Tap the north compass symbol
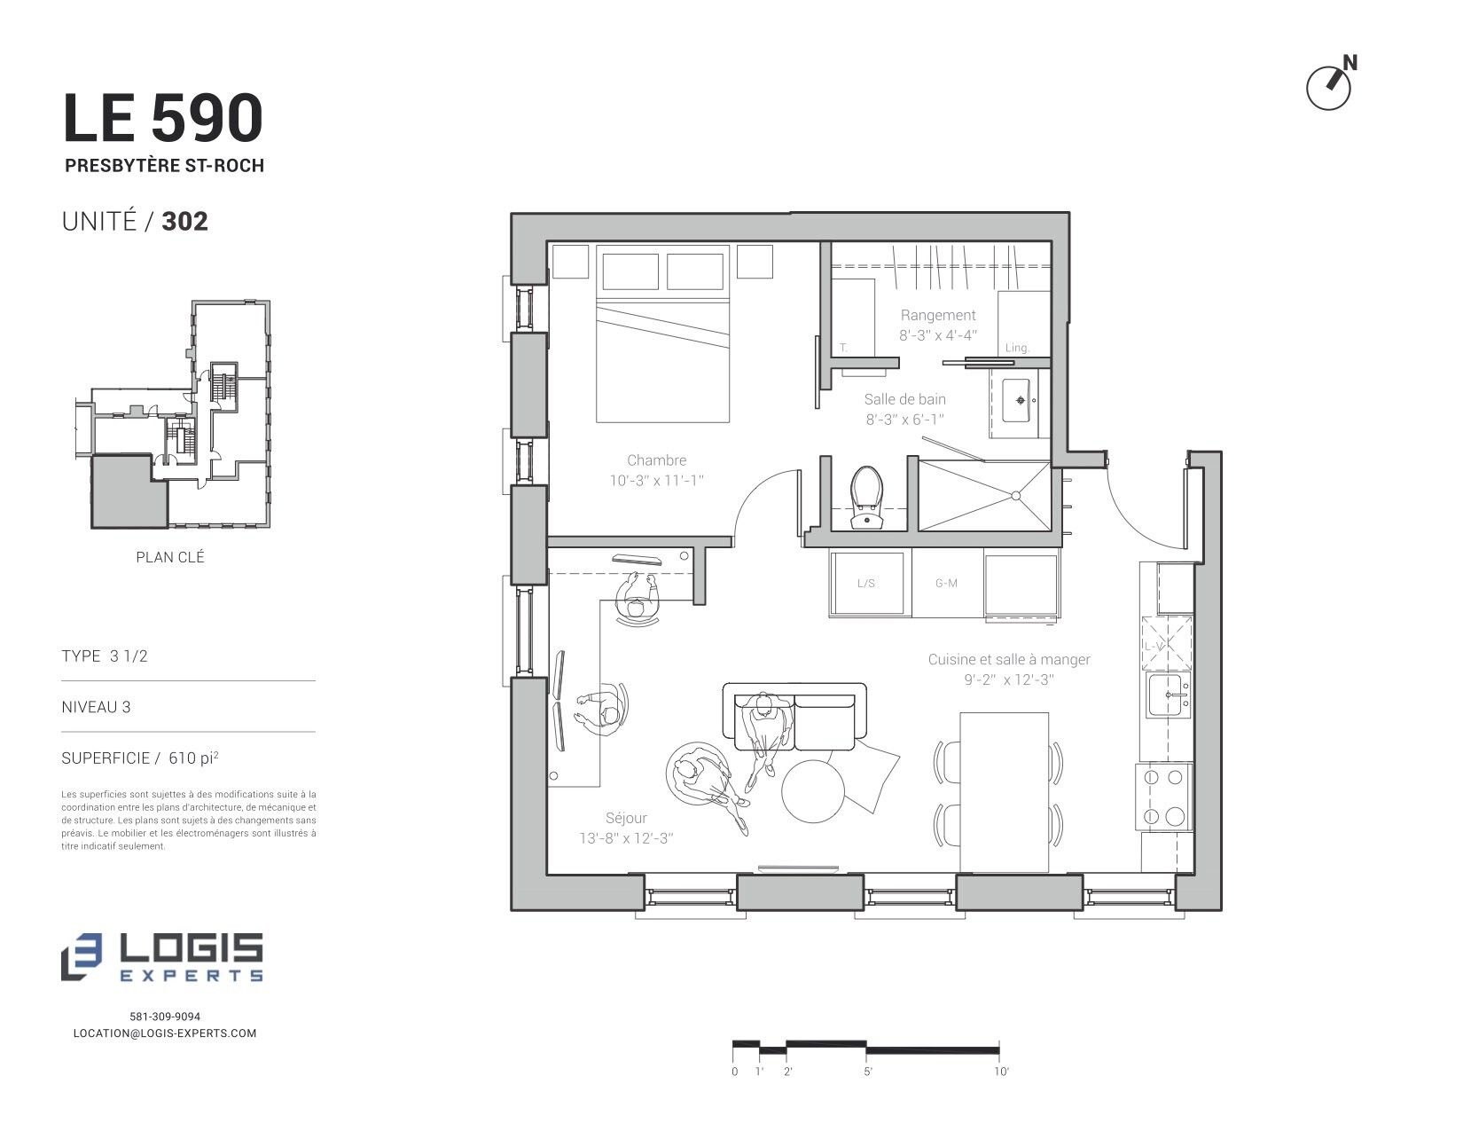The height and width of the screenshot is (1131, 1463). pyautogui.click(x=1331, y=83)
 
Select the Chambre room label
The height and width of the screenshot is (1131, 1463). pyautogui.click(x=656, y=460)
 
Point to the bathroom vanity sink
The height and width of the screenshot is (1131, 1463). pyautogui.click(x=1017, y=401)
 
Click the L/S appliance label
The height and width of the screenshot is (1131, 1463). pyautogui.click(x=865, y=584)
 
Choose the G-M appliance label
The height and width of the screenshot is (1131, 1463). pyautogui.click(x=946, y=584)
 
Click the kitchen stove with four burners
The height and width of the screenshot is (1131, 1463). pyautogui.click(x=1164, y=797)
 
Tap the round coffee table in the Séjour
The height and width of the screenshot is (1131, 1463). pyautogui.click(x=812, y=791)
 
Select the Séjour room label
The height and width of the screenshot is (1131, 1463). pyautogui.click(x=626, y=818)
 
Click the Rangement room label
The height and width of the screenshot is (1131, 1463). pyautogui.click(x=938, y=315)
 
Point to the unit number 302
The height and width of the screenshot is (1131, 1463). pyautogui.click(x=185, y=222)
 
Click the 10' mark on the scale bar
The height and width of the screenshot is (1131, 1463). pyautogui.click(x=1001, y=1071)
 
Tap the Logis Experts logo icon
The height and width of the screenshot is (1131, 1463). pyautogui.click(x=82, y=957)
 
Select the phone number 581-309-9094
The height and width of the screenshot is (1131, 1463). pyautogui.click(x=165, y=1017)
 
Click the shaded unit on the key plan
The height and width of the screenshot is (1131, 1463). pyautogui.click(x=129, y=491)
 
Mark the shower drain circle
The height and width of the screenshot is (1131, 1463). pyautogui.click(x=1016, y=496)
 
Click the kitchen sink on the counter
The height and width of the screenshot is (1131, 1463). pyautogui.click(x=1168, y=695)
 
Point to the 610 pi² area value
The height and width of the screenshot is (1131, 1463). pyautogui.click(x=193, y=758)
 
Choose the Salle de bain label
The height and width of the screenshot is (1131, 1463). pyautogui.click(x=905, y=399)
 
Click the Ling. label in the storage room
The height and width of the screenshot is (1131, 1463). pyautogui.click(x=1017, y=349)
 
